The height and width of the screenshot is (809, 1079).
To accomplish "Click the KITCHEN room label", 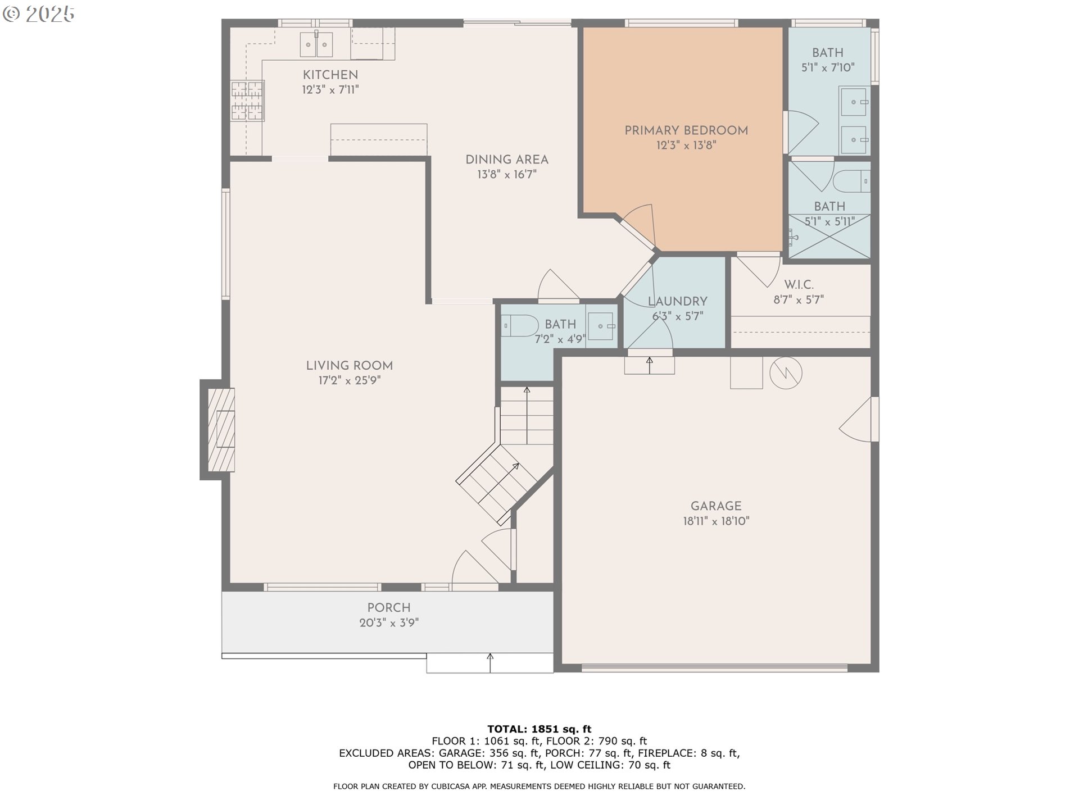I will click(330, 75).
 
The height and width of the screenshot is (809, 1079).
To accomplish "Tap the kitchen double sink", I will click(316, 44).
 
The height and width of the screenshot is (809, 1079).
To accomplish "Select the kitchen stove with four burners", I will click(247, 101).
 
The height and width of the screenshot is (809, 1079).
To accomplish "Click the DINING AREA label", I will click(506, 160).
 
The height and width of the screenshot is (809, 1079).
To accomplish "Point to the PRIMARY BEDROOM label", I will click(686, 130).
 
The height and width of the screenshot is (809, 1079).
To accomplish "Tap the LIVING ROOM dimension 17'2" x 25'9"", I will click(349, 380).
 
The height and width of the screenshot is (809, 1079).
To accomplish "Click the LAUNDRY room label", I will click(677, 301).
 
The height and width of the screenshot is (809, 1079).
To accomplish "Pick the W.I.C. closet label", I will click(799, 285).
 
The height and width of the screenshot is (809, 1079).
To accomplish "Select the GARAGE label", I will click(715, 506).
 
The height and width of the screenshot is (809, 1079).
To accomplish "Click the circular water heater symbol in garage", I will click(785, 372).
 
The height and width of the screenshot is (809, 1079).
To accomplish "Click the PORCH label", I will click(388, 607).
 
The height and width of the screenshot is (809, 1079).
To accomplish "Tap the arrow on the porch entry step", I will click(490, 662).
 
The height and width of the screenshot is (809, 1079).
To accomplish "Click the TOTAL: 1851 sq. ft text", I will click(539, 729).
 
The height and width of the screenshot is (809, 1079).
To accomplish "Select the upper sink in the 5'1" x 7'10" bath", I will click(854, 102).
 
